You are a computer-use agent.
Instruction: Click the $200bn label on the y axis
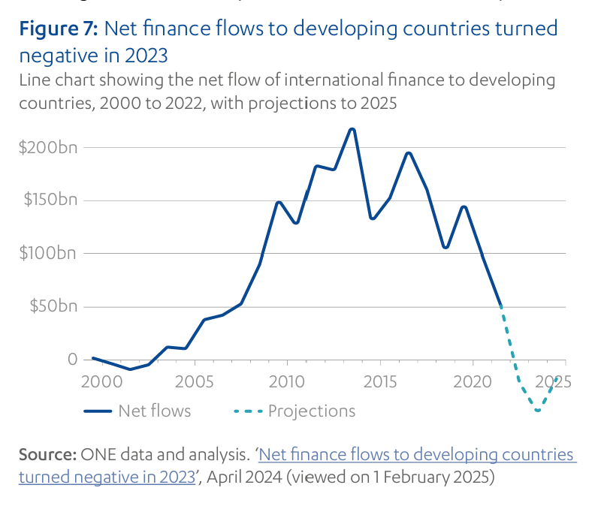[48, 147]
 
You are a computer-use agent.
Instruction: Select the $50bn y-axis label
[53, 306]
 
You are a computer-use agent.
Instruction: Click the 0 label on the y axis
[72, 359]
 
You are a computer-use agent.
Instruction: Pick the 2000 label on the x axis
[101, 381]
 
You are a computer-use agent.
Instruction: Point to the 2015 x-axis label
[380, 381]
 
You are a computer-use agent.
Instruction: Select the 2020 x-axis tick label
[473, 381]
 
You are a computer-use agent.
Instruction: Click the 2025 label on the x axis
[554, 381]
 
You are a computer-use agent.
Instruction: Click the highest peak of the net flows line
[352, 130]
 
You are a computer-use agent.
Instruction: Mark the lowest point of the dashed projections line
[538, 410]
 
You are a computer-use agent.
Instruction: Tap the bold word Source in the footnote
[47, 455]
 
